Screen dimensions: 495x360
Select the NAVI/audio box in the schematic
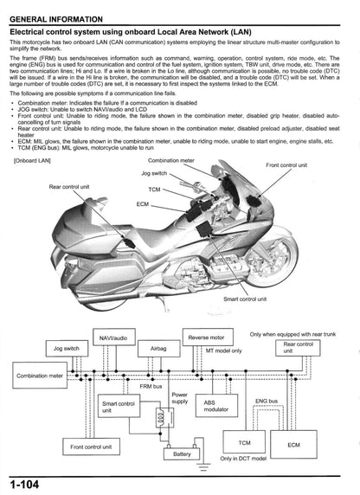coord(112,336)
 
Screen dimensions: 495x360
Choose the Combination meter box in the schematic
coord(38,376)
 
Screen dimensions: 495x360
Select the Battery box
coord(183,454)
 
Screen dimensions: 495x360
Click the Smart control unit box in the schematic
coord(121,407)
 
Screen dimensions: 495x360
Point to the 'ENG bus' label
coord(267,402)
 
